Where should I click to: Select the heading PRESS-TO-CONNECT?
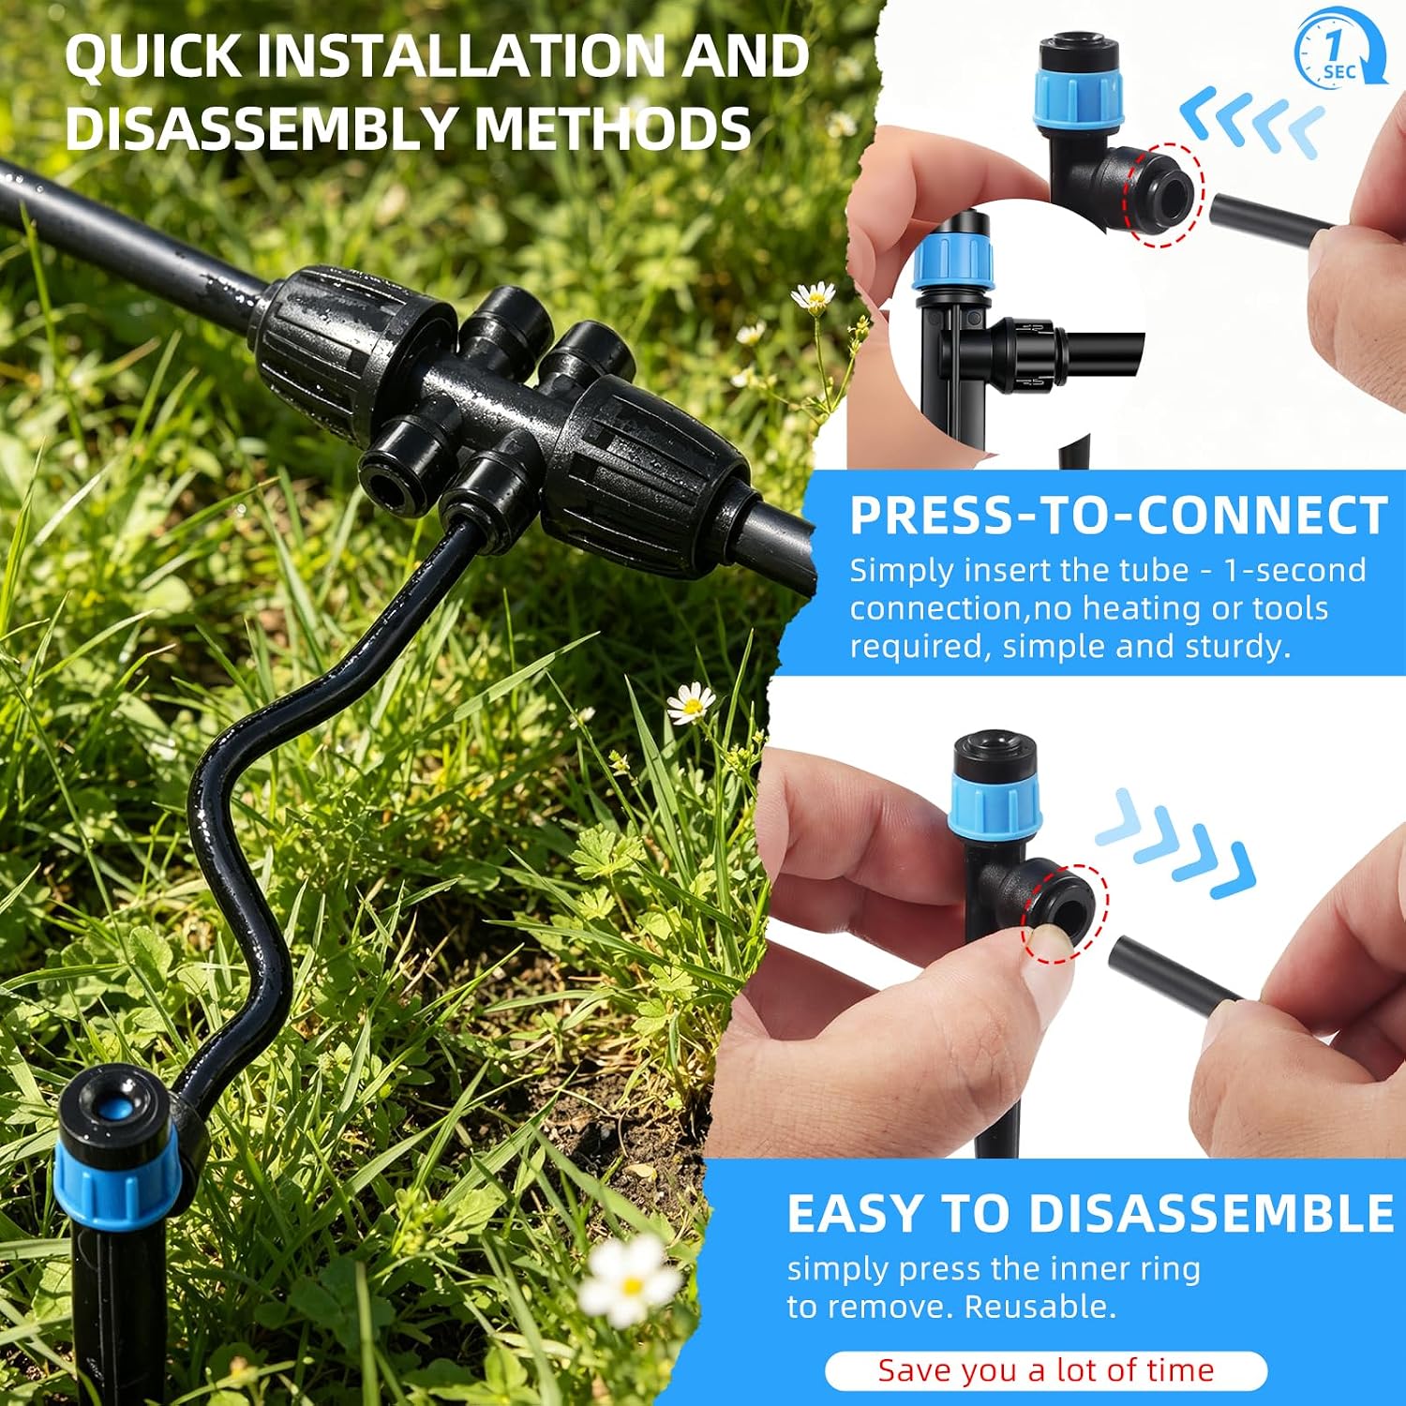1118,515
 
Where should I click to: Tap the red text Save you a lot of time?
1046,1370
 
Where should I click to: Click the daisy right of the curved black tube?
690,703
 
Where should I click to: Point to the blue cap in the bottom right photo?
995,805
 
